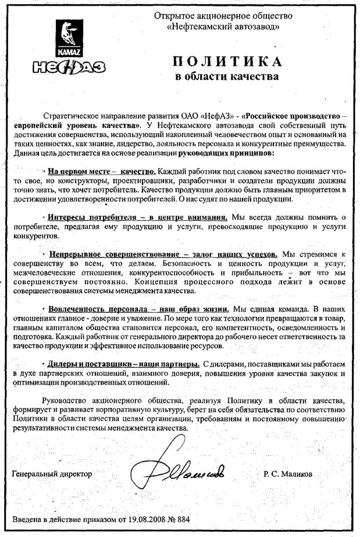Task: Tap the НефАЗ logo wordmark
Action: pos(70,67)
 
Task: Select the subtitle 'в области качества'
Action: pos(226,76)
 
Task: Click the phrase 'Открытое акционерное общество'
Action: pos(223,16)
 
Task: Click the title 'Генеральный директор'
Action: pos(52,474)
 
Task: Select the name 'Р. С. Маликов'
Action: pos(287,474)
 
